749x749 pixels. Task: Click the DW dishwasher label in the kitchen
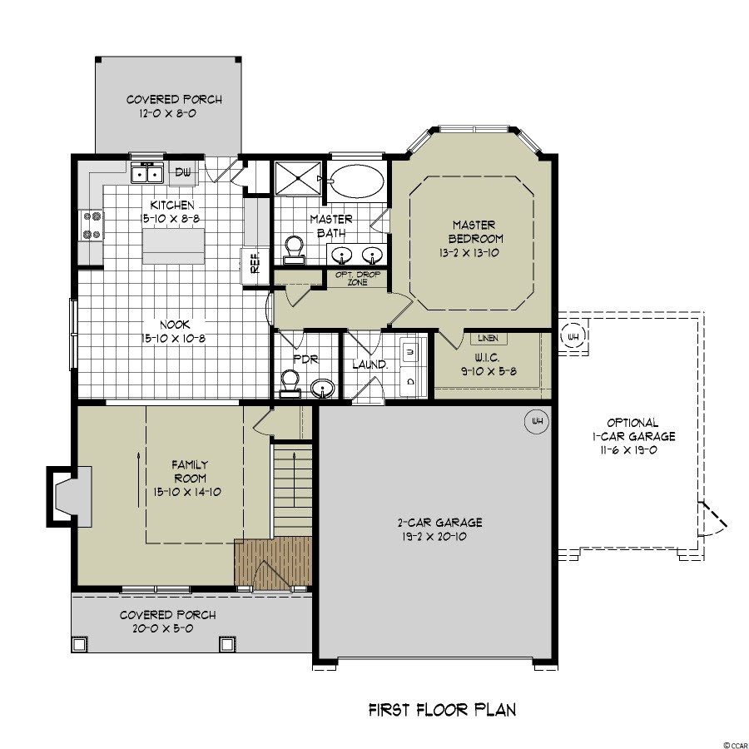(182, 172)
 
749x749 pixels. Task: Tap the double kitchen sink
(147, 173)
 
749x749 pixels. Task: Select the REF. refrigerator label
(255, 263)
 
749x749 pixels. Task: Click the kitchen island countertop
(173, 246)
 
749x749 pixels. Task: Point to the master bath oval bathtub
(357, 181)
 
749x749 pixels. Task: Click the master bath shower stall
(298, 178)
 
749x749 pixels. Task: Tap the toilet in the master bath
(294, 250)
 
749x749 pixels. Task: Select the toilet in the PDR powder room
(290, 384)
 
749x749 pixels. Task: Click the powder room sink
(323, 389)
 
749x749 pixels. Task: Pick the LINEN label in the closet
(488, 338)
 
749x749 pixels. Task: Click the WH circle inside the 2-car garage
(537, 421)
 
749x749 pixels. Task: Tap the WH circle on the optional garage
(573, 336)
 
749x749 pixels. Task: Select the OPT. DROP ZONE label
(358, 279)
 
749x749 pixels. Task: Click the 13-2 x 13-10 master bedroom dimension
(469, 253)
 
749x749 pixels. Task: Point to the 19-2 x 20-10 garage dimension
(434, 537)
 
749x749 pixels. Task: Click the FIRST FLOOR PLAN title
(443, 710)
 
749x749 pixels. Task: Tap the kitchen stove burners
(92, 225)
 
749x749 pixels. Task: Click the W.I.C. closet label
(487, 358)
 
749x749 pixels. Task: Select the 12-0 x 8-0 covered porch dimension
(167, 114)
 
